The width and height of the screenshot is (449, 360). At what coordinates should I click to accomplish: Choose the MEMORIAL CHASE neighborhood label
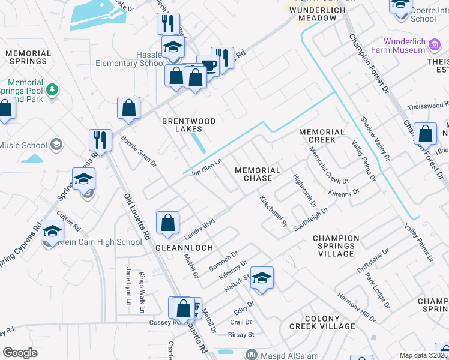tap(258, 175)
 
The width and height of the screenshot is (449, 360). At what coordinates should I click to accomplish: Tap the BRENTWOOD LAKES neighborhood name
tap(188, 125)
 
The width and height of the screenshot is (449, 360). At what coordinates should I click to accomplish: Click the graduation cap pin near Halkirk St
tap(262, 278)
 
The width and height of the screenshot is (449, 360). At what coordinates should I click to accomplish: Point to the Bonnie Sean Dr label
tap(139, 151)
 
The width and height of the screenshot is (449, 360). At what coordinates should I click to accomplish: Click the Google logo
tap(20, 352)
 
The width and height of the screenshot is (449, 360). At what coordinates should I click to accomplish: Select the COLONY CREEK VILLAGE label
tap(322, 322)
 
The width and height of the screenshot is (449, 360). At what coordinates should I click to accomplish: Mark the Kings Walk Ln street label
tap(142, 292)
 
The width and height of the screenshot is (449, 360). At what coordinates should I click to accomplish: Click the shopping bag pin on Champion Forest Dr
tap(425, 134)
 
